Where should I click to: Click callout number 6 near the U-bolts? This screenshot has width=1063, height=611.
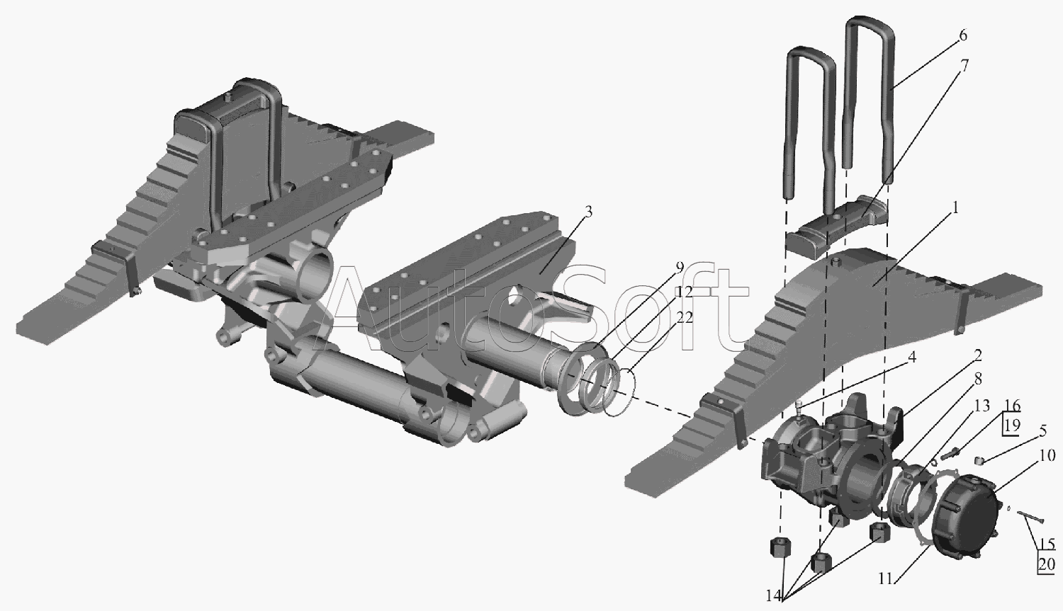[962, 35]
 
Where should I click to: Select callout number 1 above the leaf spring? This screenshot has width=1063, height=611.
[955, 207]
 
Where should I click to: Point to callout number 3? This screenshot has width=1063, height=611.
[588, 212]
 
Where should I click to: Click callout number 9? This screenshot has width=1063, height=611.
[680, 268]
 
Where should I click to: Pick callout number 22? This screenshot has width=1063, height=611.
[685, 317]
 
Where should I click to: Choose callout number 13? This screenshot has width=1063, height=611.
[982, 406]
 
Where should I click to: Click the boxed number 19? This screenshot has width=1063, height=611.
[1012, 426]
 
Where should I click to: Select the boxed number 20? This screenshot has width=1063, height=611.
[1047, 564]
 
